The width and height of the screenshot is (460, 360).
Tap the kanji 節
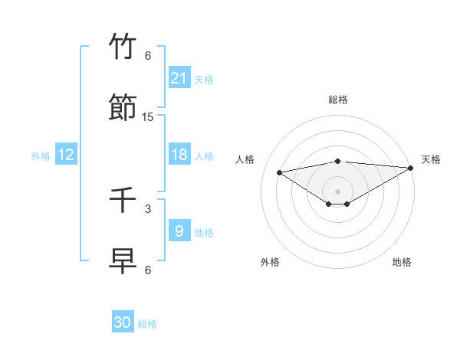pos(123,107)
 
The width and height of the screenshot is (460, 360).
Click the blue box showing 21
pos(179,78)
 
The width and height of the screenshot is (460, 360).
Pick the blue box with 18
pos(179,155)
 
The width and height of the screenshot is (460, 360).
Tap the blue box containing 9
pos(179,231)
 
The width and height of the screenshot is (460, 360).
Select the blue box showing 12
pos(66,155)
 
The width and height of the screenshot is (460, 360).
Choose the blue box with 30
pos(123,322)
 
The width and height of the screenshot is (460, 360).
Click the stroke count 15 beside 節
pos(148,117)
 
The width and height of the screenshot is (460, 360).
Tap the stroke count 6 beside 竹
pos(148,56)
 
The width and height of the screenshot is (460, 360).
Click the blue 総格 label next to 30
pos(148,324)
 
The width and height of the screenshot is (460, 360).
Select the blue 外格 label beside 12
pos(41,156)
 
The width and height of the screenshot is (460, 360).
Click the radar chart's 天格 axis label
pos(431,159)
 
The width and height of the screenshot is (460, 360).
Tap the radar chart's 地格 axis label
pos(402,262)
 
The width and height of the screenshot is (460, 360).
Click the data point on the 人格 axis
pos(280,172)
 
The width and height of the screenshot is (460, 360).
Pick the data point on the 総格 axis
pos(338,161)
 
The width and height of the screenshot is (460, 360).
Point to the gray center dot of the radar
pos(338,191)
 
